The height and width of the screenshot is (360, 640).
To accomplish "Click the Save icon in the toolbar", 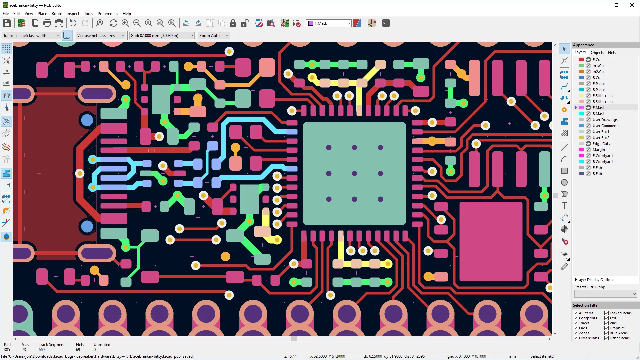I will (x=7, y=23).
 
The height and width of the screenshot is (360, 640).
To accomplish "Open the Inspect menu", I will (x=73, y=14).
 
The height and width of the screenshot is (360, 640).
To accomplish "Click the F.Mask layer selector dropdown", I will (x=329, y=23).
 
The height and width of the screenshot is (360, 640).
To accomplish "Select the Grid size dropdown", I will (x=162, y=36).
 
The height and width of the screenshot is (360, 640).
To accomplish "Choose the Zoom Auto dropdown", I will (x=214, y=36).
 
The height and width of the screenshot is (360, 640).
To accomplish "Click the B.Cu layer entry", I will (x=596, y=78).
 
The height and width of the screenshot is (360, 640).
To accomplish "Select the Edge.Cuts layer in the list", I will (x=601, y=144).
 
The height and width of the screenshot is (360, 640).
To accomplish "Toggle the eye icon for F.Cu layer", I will (x=588, y=60).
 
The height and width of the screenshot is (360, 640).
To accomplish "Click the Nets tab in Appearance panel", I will (x=612, y=52).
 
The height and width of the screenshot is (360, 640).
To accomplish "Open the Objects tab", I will (x=597, y=52).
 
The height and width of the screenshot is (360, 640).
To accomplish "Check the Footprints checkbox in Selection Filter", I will (x=576, y=318).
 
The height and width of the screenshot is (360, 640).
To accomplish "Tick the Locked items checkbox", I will (x=607, y=313).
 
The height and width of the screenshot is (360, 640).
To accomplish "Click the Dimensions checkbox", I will (x=576, y=338).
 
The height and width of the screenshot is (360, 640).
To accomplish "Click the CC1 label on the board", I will (x=152, y=151).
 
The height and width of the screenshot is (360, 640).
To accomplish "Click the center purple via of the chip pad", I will (x=354, y=173).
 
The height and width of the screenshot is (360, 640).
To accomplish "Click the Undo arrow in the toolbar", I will (x=73, y=23).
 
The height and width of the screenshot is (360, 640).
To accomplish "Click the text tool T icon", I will (x=564, y=206).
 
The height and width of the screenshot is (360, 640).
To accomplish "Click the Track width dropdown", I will (x=31, y=36).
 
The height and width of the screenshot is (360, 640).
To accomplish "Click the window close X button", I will (x=632, y=5).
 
